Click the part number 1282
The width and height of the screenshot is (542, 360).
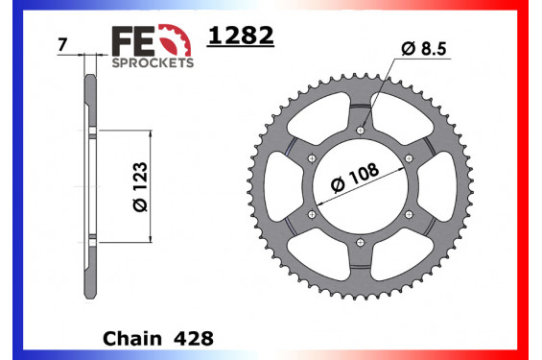(x=241, y=36)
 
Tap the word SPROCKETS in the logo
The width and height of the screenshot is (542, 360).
(x=153, y=60)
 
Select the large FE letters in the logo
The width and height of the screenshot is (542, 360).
(x=132, y=39)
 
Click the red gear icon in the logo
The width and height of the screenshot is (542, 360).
(x=174, y=39)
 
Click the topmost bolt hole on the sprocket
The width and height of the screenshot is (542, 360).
(x=361, y=130)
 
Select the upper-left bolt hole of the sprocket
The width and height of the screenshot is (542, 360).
(x=313, y=157)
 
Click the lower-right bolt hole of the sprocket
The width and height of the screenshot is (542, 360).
(x=409, y=213)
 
